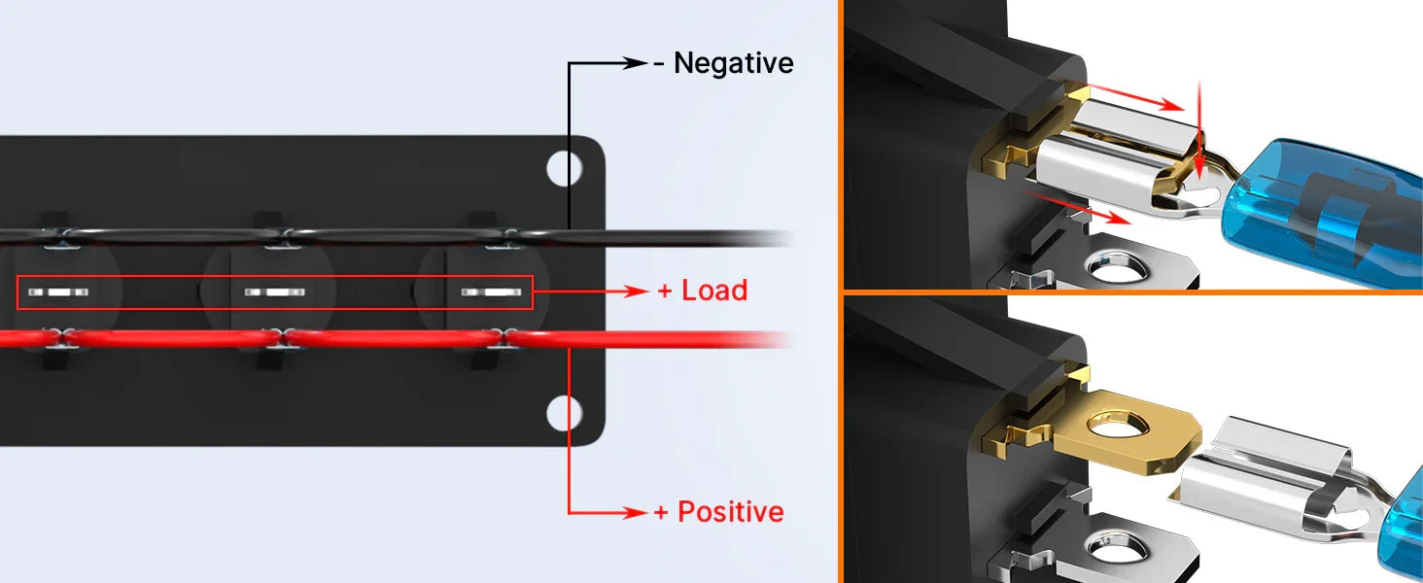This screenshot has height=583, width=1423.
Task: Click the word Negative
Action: pos(733,63)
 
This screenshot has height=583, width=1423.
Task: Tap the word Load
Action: pos(714,291)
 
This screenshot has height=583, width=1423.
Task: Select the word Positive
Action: pos(731,512)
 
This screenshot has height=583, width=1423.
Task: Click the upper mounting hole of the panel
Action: pos(564,168)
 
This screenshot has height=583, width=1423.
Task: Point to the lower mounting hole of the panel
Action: pos(564,413)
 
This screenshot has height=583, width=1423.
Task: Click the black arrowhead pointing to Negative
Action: pos(634,63)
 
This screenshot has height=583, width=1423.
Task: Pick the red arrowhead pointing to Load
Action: pos(635,291)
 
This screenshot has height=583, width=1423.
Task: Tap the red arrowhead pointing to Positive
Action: pos(635,512)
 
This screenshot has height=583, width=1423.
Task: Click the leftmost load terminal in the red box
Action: pos(57,292)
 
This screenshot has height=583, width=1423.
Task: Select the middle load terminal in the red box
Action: pos(274,292)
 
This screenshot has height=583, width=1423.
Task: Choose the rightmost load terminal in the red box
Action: pos(491,292)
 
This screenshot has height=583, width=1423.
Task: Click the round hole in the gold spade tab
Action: pos(1117,425)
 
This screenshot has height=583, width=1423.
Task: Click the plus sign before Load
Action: pos(665,291)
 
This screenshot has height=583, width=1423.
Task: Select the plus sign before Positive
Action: pos(661,512)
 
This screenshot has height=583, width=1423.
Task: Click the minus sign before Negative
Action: pos(659,64)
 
